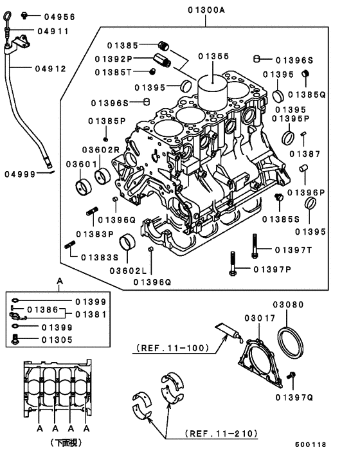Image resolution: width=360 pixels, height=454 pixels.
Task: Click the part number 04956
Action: (x=60, y=15)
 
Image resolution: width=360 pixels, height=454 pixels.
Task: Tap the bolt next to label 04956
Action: (x=25, y=15)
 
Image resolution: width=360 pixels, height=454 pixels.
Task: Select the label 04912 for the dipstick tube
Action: (x=50, y=69)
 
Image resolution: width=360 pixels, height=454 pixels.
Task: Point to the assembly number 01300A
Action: (x=206, y=10)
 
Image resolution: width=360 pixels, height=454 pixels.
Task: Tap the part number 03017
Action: (x=258, y=318)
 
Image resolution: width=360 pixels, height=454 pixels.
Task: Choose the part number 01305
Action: (x=58, y=339)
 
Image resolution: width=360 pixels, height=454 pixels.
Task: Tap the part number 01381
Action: (x=91, y=314)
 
